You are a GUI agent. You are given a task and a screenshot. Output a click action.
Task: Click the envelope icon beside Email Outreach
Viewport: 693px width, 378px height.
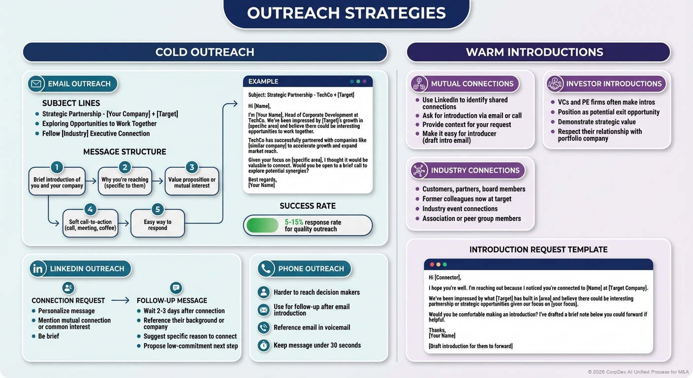(x=36, y=84)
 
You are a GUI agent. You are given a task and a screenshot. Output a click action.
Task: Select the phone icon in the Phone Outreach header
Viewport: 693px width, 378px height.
(x=266, y=269)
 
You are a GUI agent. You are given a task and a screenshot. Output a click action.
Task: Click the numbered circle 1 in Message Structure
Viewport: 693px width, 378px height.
(x=57, y=167)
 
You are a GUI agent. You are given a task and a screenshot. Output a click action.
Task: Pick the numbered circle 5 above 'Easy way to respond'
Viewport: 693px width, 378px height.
(x=157, y=210)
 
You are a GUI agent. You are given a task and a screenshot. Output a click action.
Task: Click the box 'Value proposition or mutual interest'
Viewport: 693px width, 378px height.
(x=192, y=183)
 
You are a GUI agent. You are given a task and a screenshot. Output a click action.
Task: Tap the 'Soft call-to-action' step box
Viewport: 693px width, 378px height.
(x=91, y=225)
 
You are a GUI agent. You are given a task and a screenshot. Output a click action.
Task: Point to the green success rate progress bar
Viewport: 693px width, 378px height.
(x=262, y=225)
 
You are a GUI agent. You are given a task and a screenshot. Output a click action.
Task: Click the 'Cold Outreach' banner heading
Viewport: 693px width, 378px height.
(x=205, y=52)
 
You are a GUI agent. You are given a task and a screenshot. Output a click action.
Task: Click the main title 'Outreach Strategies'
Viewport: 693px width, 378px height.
(x=346, y=13)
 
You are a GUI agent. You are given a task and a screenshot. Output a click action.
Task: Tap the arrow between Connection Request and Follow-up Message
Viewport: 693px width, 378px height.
(x=120, y=300)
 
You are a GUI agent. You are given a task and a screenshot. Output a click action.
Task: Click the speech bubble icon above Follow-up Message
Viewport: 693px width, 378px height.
(x=176, y=288)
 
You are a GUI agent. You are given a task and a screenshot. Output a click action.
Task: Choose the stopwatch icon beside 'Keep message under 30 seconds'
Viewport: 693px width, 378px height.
(x=264, y=346)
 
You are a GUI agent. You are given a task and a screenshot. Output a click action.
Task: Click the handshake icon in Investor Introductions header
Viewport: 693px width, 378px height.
(x=555, y=84)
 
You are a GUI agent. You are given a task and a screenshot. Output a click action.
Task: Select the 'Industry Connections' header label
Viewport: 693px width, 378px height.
(x=475, y=170)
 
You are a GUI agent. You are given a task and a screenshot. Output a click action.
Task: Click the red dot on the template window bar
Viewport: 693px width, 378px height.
(x=433, y=264)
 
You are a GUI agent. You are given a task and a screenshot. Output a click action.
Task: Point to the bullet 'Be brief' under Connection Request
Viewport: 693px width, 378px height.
(x=49, y=336)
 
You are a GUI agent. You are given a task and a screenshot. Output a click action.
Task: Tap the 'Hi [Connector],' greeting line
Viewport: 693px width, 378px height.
(x=444, y=278)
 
